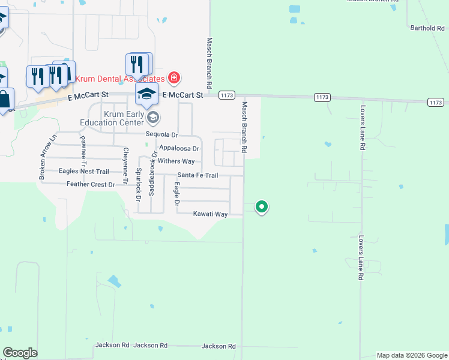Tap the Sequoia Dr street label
[x=162, y=135]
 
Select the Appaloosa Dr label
[x=178, y=148]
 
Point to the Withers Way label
[x=176, y=161]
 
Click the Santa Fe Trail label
[x=197, y=175]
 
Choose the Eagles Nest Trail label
[x=83, y=171]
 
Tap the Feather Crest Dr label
[x=90, y=184]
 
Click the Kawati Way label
[x=210, y=214]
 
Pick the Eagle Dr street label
[x=176, y=196]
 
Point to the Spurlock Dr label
[x=139, y=184]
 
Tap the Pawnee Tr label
[x=83, y=152]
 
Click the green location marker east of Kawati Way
[x=262, y=207]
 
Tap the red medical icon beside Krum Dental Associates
[x=174, y=77]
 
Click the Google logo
[x=20, y=353]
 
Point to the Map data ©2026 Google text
[x=411, y=355]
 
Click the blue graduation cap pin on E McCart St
[x=146, y=94]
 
